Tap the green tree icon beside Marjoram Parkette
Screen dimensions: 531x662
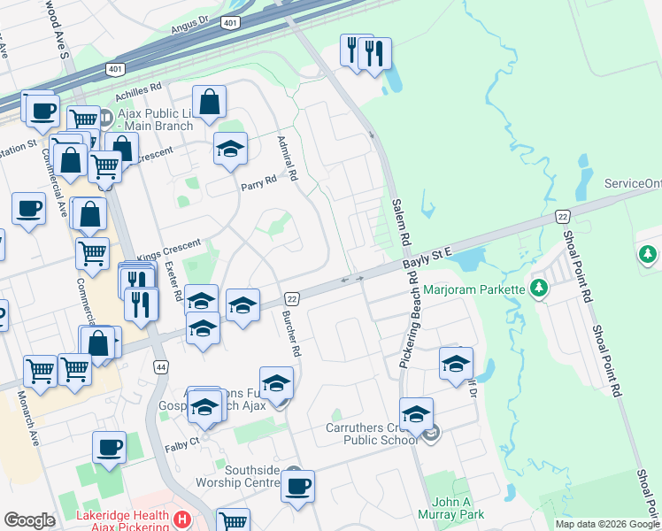tap(537, 289)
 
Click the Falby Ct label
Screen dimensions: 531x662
tap(181, 449)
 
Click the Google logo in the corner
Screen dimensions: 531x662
tap(29, 520)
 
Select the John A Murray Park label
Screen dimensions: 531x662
tap(458, 507)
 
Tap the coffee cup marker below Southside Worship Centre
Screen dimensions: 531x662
tap(297, 486)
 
